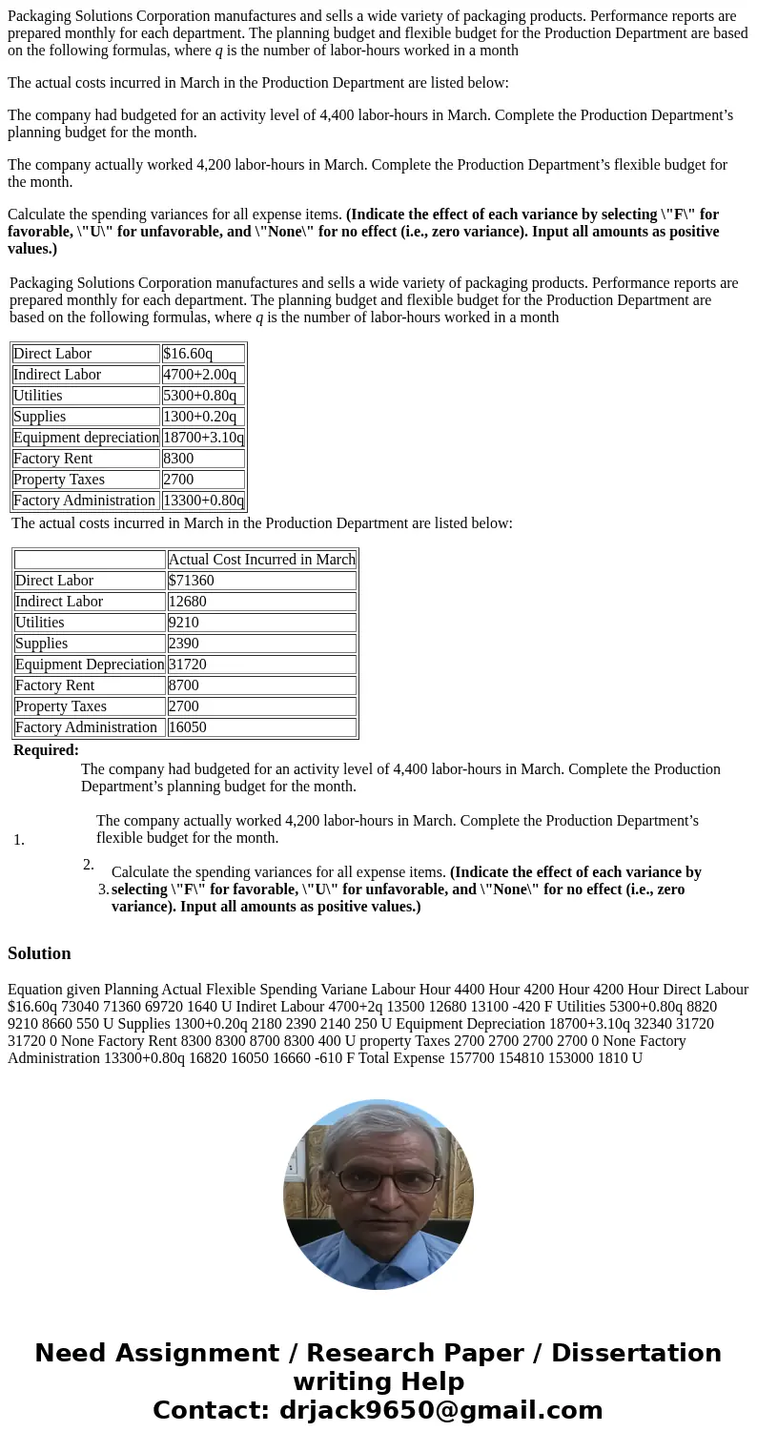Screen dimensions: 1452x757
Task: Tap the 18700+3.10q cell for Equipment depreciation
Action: [x=203, y=438]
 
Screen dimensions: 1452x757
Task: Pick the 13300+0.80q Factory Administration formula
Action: [x=203, y=501]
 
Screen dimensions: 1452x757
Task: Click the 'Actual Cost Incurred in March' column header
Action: [x=261, y=560]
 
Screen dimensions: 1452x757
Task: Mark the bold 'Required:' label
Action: [x=46, y=750]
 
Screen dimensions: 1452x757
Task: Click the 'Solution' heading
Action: [x=39, y=953]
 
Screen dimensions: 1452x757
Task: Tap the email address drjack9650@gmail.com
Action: [x=440, y=1411]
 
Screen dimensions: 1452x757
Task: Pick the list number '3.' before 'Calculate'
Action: [x=103, y=890]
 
